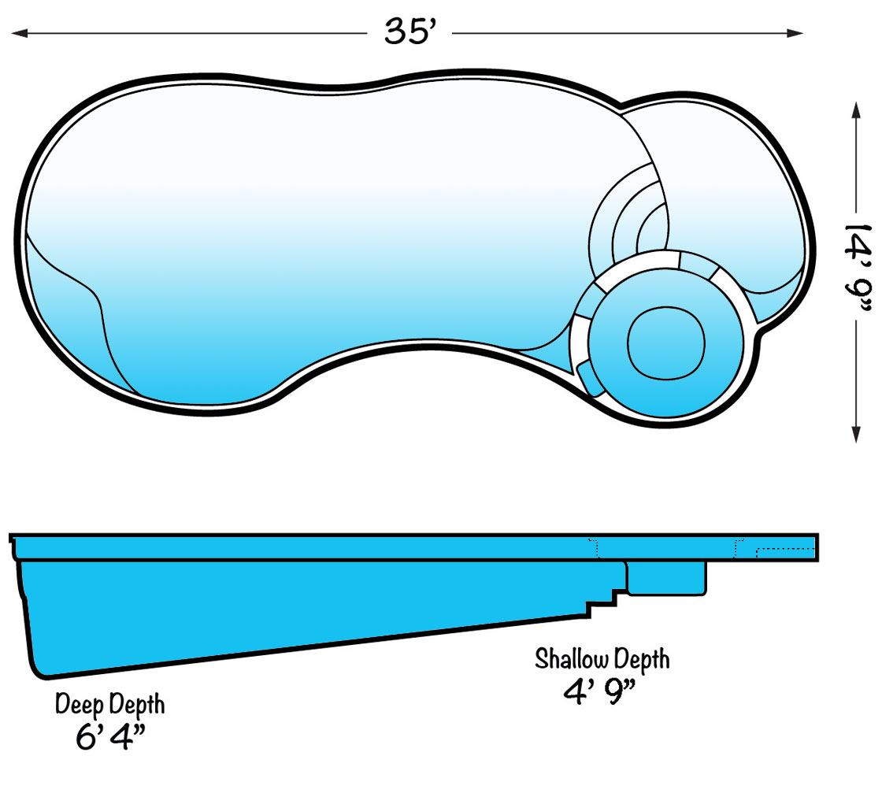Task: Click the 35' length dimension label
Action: pos(409,32)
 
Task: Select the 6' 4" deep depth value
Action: pos(110,738)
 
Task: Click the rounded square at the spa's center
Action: pos(665,342)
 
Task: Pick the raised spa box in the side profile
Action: pos(666,577)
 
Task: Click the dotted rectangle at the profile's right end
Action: pos(784,551)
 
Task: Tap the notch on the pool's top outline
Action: pos(621,105)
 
